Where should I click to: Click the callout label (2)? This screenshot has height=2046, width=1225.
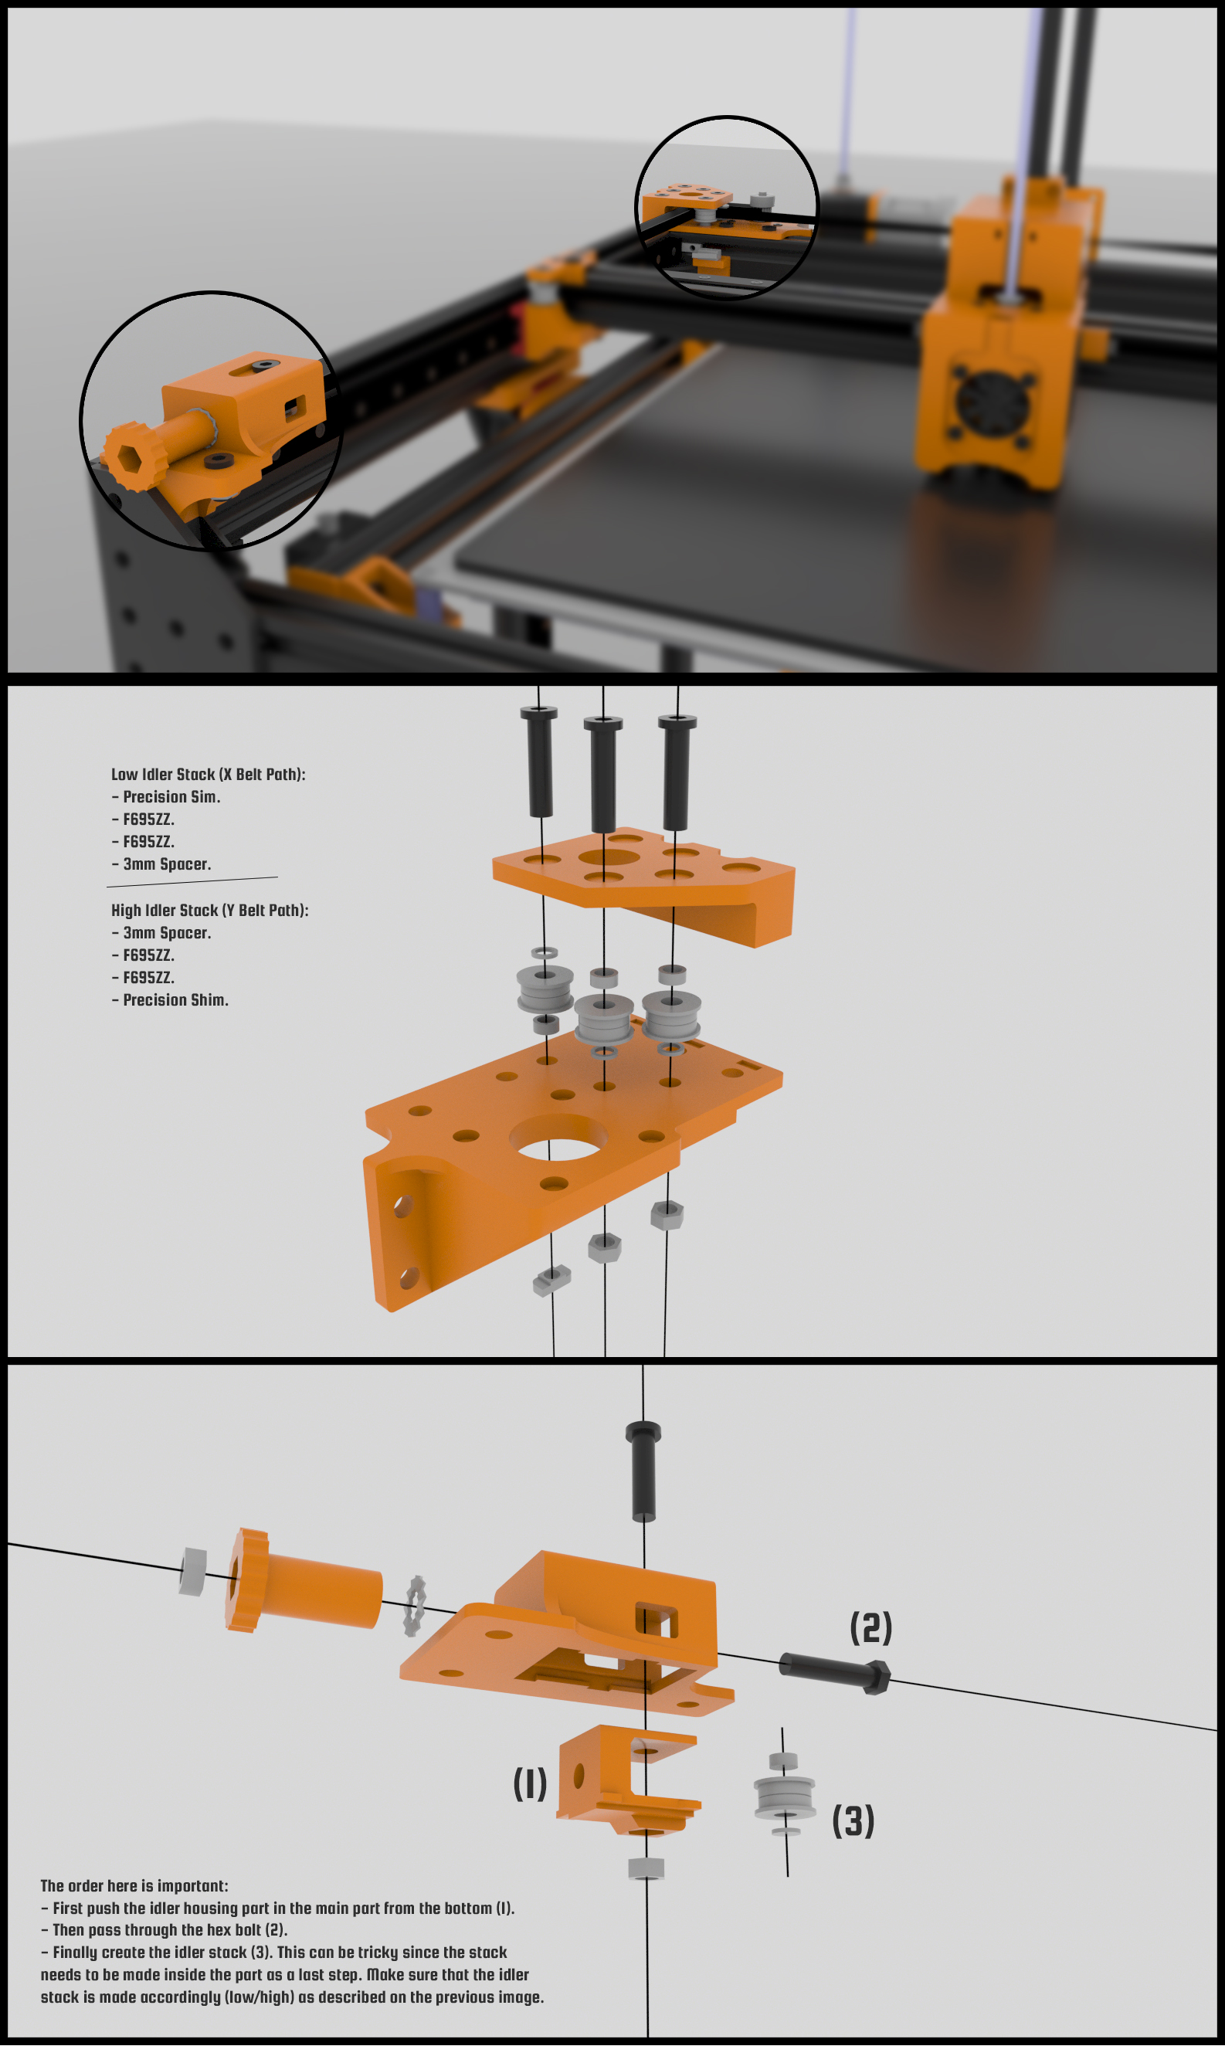[871, 1627]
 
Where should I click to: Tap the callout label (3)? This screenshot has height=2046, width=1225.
[853, 1820]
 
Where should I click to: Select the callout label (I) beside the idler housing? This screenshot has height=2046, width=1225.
[530, 1783]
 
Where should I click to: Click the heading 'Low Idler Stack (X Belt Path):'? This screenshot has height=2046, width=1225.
[208, 774]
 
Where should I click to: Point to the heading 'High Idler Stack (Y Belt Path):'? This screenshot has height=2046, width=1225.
[209, 911]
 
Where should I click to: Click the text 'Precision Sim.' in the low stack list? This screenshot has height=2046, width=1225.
[171, 796]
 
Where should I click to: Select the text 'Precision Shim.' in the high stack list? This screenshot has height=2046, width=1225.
[176, 999]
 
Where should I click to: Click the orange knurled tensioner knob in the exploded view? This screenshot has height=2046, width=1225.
[302, 1581]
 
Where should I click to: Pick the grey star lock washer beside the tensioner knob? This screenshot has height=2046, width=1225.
[415, 1605]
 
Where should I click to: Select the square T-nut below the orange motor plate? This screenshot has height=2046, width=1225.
[551, 1280]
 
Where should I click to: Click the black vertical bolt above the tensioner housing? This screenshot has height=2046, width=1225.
[643, 1471]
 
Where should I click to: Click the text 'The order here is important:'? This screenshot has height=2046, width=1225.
[134, 1886]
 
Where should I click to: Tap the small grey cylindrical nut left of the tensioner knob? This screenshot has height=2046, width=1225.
[193, 1572]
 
